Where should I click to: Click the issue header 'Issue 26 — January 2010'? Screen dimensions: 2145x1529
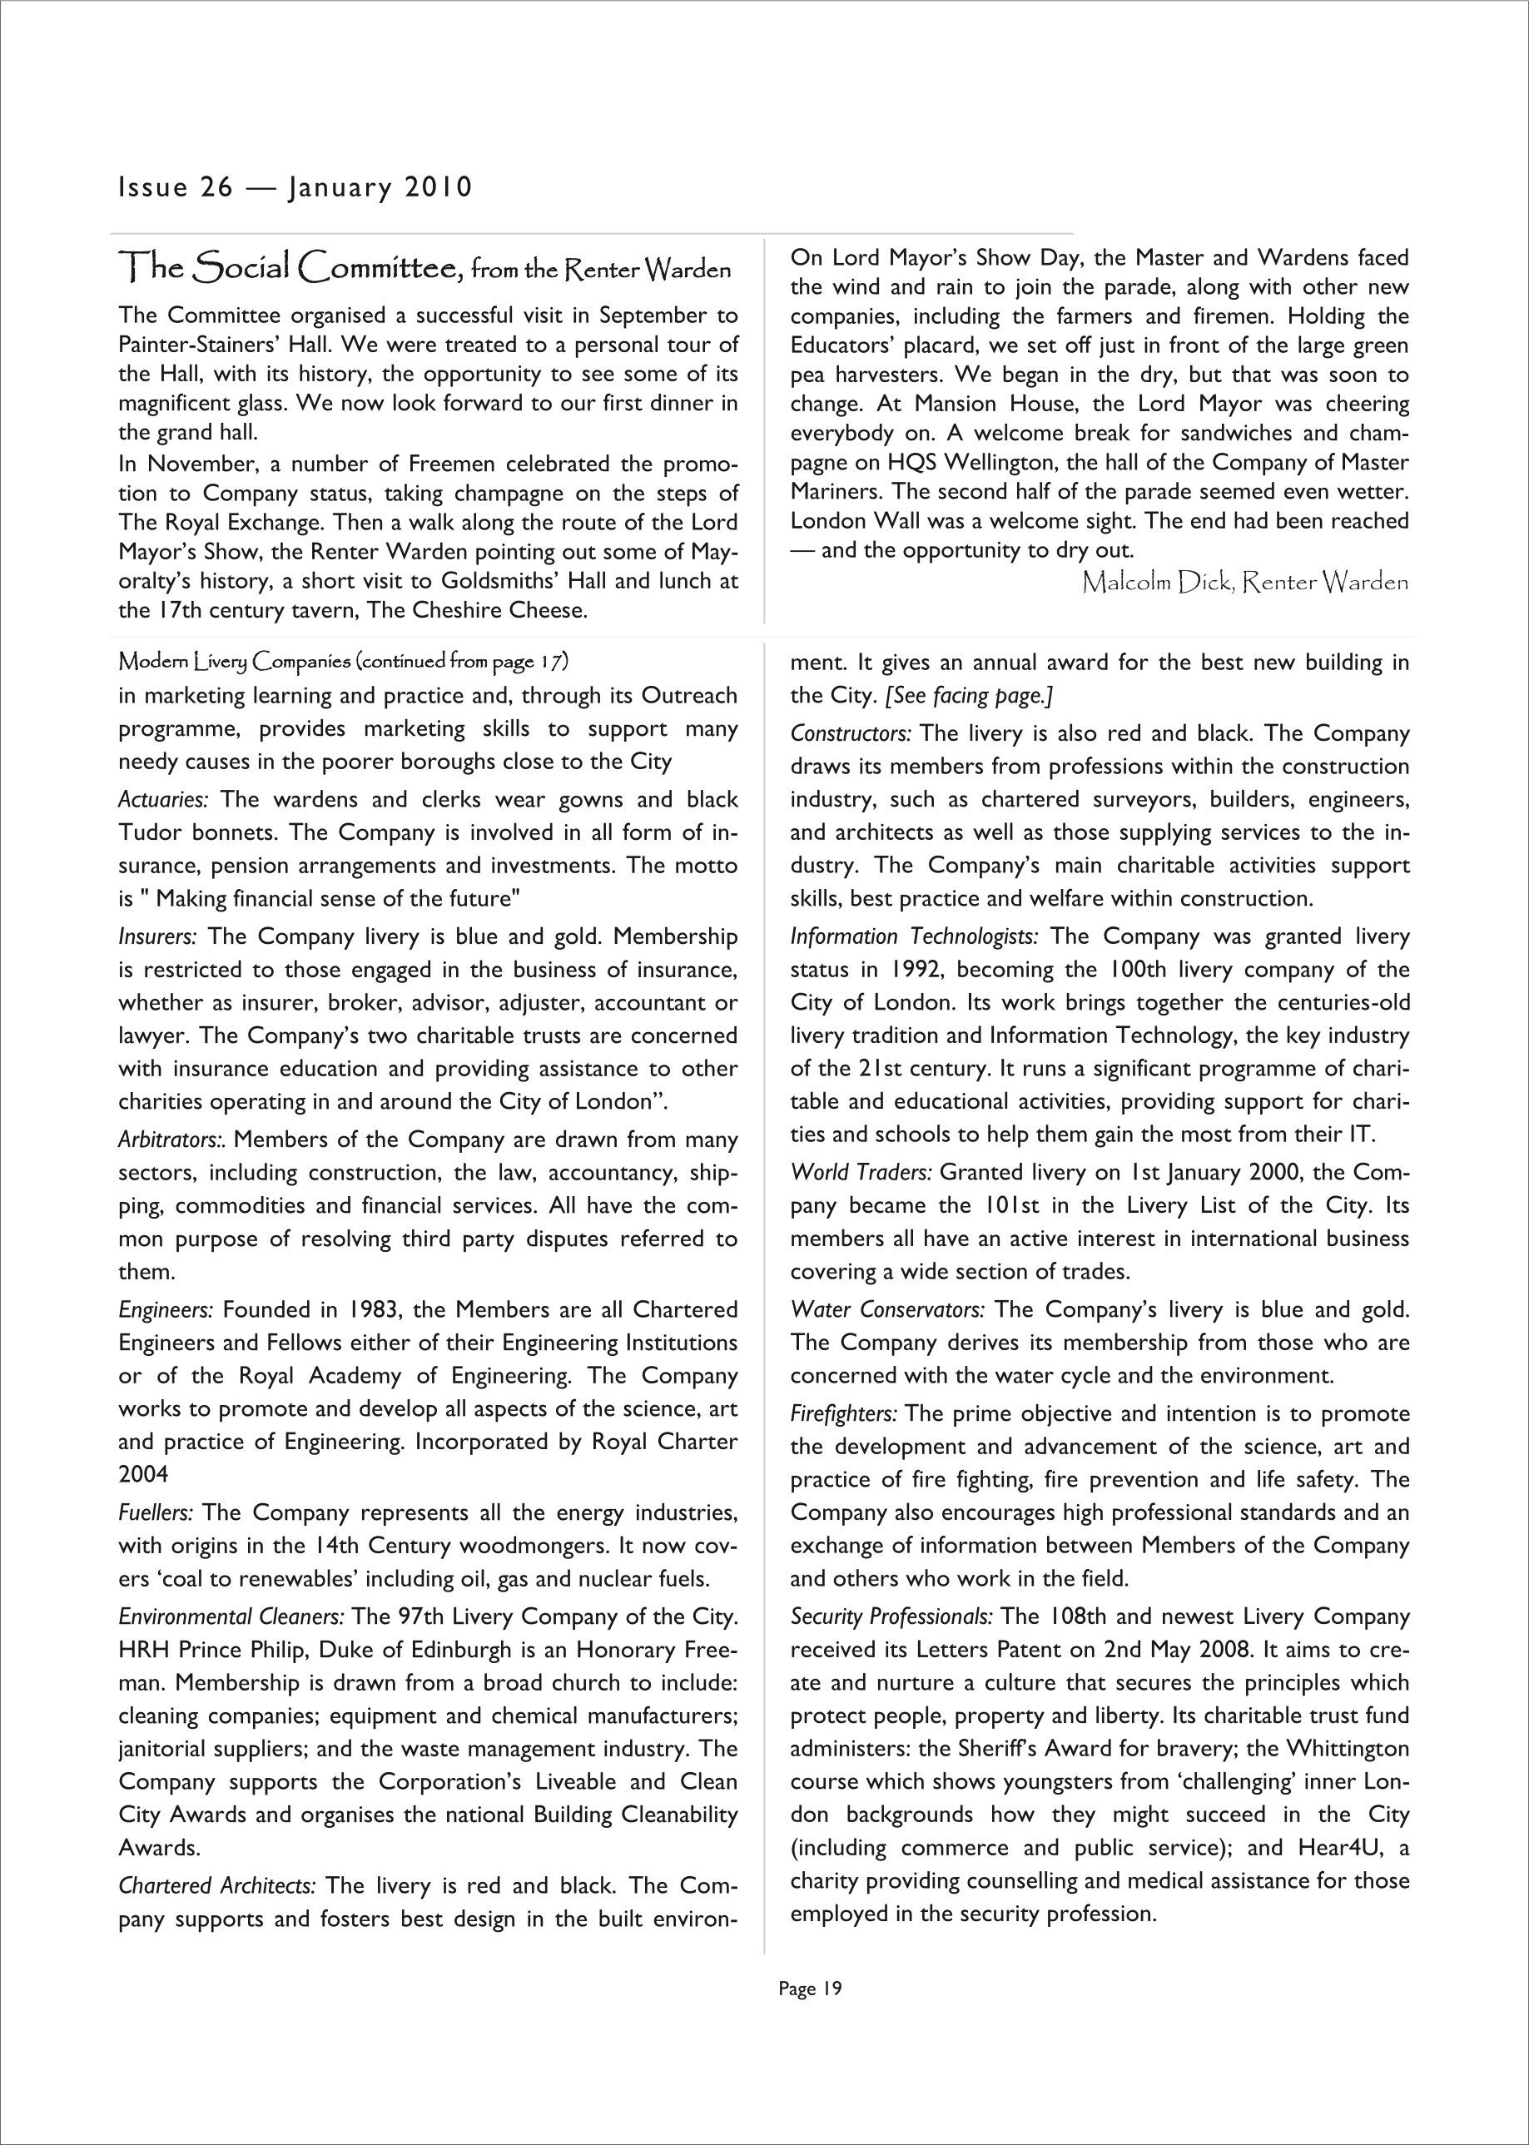pyautogui.click(x=295, y=187)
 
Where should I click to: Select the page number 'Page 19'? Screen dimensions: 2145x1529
pyautogui.click(x=810, y=1989)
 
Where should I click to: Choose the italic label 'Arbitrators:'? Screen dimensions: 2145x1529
pyautogui.click(x=172, y=1140)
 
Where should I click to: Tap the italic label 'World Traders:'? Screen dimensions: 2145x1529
pyautogui.click(x=861, y=1174)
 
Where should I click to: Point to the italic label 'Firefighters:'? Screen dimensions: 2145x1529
pyautogui.click(x=844, y=1414)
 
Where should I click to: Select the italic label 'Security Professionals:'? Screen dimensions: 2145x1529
pyautogui.click(x=891, y=1616)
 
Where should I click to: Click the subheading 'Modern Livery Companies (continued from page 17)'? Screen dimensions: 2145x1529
pyautogui.click(x=344, y=662)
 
